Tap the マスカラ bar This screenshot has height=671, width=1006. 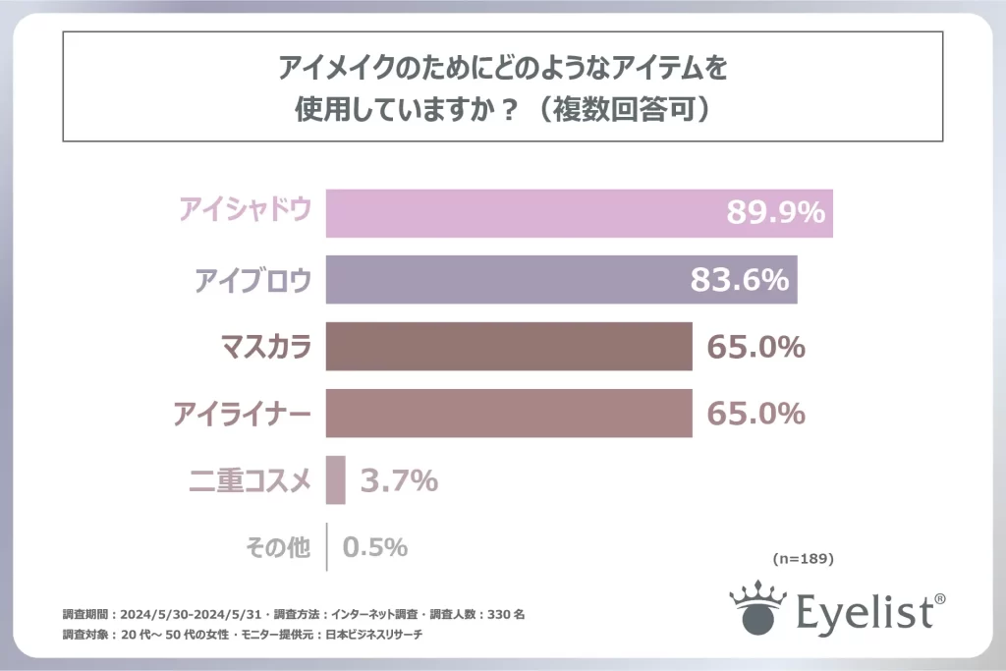(508, 347)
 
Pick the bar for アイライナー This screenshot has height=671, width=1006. (508, 414)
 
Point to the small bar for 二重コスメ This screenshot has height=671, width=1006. (335, 480)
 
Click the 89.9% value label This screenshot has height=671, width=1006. (775, 213)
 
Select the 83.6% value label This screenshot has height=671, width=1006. (740, 280)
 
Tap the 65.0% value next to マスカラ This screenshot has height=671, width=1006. (755, 347)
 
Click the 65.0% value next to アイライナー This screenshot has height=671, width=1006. (755, 414)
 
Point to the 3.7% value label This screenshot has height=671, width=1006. (398, 481)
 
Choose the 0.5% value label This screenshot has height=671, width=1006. (374, 547)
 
